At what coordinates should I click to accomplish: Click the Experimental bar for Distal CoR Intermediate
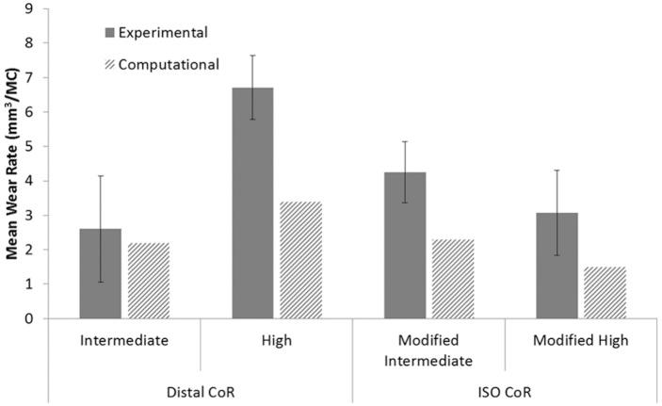[100, 273]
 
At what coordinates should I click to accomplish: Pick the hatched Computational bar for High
[299, 260]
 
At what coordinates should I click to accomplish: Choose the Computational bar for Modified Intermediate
[452, 279]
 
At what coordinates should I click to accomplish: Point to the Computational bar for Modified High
[605, 292]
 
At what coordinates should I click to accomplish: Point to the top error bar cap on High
[252, 56]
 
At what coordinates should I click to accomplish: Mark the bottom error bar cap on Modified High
[557, 255]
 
